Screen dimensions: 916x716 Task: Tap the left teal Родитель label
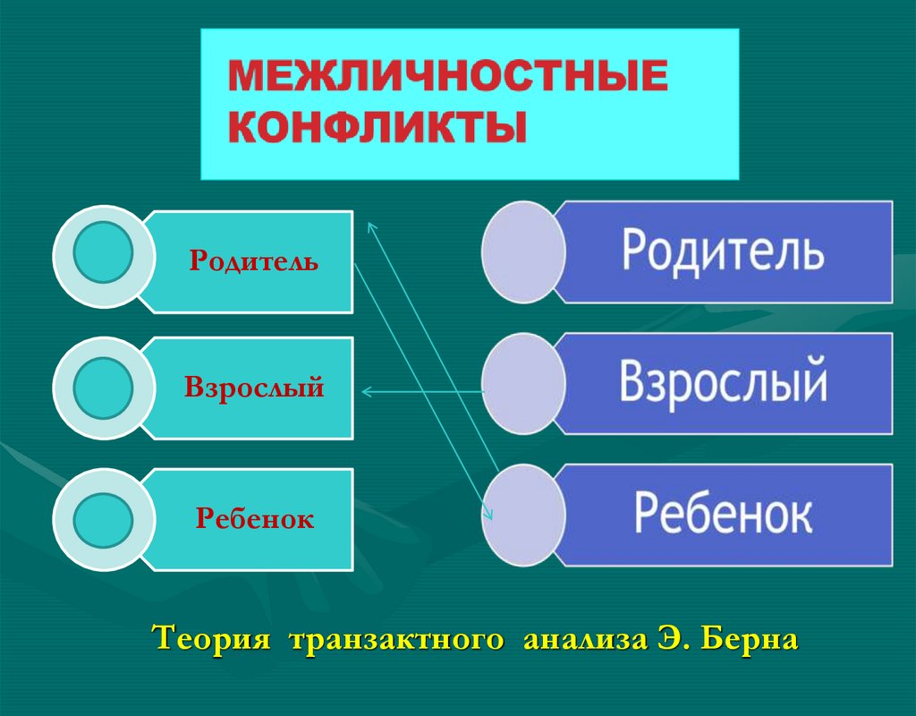coord(253,262)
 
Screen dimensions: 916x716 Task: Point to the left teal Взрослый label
coord(254,388)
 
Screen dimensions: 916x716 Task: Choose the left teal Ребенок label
coord(255,519)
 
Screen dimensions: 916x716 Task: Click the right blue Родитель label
coord(723,251)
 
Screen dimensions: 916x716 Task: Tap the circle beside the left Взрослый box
coord(103,388)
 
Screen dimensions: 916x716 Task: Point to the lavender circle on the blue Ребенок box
coord(523,515)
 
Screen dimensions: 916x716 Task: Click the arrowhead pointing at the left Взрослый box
coord(366,390)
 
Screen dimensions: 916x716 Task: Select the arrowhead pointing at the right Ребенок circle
coord(488,514)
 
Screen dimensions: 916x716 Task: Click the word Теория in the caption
coord(211,641)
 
